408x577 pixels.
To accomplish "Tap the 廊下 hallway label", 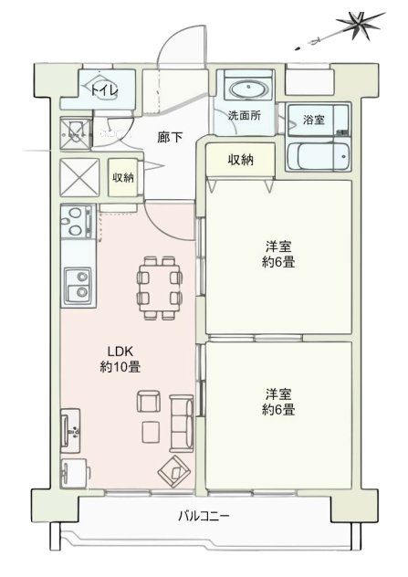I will coord(170,138).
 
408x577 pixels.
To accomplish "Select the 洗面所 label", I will coord(244,117).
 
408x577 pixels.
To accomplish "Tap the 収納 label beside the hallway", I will coord(122,177).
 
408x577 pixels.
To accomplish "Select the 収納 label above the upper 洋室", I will coord(241,161).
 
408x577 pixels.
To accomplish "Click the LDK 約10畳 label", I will coord(120,358).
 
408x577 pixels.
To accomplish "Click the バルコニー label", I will coord(204,517).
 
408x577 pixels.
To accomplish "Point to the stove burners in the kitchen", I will coord(74,220).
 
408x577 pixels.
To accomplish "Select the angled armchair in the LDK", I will coord(171,472).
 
